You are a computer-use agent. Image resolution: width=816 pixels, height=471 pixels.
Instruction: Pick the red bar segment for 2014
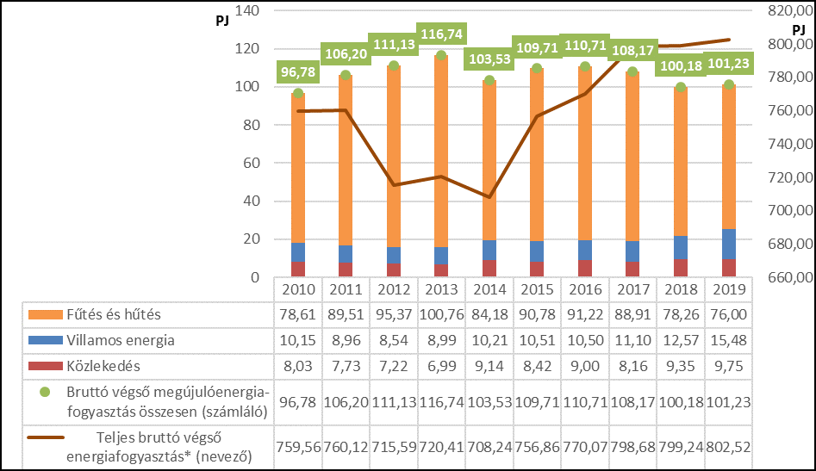tap(489, 269)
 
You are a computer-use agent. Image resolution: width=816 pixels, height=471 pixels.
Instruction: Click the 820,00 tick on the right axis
tap(785, 11)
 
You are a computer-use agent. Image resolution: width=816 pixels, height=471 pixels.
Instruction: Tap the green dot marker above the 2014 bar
tap(489, 81)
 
